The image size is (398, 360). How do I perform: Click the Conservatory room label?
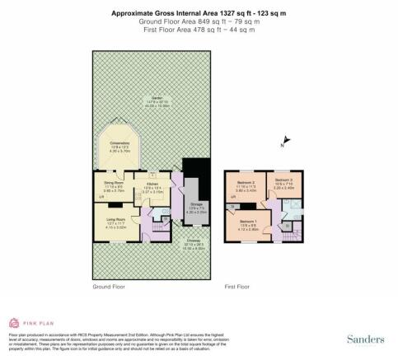pyautogui.click(x=133, y=143)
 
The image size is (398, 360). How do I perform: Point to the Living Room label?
pyautogui.click(x=115, y=219)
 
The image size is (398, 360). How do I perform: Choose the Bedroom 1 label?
pyautogui.click(x=249, y=222)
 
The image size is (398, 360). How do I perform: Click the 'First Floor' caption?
pyautogui.click(x=237, y=287)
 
